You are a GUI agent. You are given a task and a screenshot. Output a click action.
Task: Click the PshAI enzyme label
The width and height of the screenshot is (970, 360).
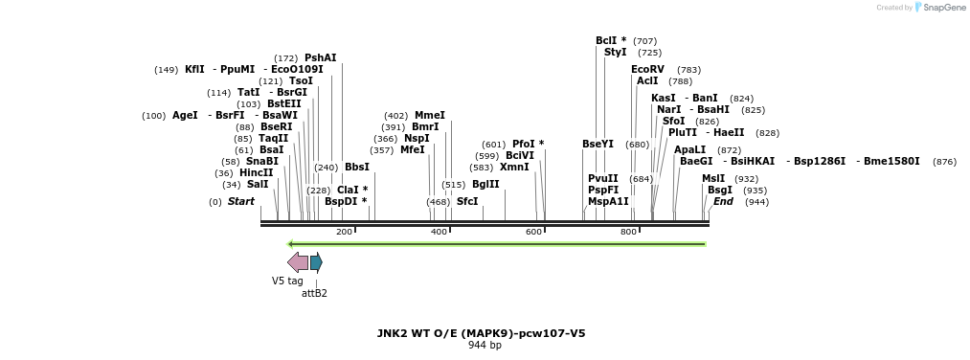pos(320,58)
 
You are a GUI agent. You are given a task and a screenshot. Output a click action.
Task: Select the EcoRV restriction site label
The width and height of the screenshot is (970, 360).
pos(647,70)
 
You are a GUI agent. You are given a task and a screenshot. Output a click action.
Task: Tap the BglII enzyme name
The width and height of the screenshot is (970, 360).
pos(485,185)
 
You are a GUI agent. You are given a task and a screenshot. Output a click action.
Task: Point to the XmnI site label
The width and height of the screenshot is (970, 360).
pos(514,168)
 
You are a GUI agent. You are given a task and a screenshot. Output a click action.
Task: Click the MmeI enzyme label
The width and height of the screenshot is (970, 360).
pos(429,116)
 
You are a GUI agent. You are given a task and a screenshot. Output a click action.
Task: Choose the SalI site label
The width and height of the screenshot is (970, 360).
pos(258,185)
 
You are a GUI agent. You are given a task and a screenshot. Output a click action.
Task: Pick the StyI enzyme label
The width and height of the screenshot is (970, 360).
pos(615,53)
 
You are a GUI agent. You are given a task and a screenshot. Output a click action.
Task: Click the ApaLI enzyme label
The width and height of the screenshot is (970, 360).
pos(689,150)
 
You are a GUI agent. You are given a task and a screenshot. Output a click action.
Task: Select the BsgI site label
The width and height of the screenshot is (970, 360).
pos(719,191)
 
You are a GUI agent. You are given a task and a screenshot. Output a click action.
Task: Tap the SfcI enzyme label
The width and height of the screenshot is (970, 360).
pos(466,202)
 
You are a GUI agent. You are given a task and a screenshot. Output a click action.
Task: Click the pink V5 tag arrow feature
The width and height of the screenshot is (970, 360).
pos(298,262)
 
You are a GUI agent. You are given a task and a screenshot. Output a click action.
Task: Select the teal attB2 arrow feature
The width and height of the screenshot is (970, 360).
pos(316,262)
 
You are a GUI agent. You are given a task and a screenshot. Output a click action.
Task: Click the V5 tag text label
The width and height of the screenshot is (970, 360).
pos(287,281)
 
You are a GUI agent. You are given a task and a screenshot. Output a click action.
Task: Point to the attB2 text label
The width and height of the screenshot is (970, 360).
pos(314,293)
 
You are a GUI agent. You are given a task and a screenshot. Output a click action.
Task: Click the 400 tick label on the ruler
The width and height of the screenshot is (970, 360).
pos(440,232)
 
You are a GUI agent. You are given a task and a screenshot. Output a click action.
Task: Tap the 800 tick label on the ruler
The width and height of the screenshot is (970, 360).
pos(629,232)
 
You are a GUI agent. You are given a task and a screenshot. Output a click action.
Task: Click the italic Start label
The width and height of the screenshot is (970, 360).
pos(241,202)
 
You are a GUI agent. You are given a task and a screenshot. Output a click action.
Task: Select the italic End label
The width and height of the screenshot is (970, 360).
pos(723,202)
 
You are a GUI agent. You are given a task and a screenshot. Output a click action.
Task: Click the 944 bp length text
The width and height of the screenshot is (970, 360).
pos(484,346)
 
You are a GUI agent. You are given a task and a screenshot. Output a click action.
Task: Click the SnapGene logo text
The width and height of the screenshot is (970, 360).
pos(942,8)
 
